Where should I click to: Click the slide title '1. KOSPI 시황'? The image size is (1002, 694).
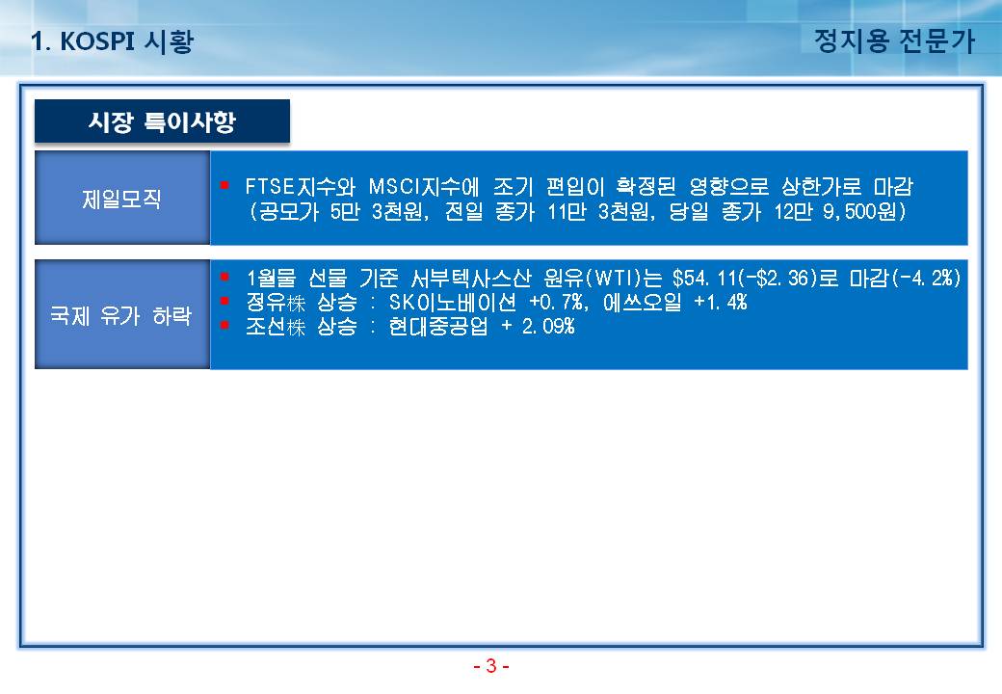tap(112, 41)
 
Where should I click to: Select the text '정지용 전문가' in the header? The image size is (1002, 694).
tap(894, 40)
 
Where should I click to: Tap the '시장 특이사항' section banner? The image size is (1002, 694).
tap(162, 121)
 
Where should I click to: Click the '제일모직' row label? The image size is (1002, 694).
tap(121, 199)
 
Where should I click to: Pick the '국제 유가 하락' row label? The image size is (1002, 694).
tap(121, 315)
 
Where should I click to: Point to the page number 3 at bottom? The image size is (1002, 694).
tap(490, 666)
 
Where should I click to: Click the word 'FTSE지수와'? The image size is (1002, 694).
tap(301, 187)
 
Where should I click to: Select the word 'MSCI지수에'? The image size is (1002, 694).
tap(424, 187)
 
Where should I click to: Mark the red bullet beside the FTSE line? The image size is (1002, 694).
tap(224, 185)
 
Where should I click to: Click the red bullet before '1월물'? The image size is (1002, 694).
tap(224, 277)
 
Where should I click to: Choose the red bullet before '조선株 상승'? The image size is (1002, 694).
tap(224, 325)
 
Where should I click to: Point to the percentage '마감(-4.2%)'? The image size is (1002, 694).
tap(905, 278)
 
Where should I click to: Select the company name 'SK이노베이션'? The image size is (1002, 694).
tap(453, 303)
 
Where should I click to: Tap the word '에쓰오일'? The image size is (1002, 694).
tap(643, 303)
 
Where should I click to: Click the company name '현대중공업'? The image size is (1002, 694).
tap(438, 327)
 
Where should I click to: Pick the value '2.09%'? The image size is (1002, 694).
tap(548, 327)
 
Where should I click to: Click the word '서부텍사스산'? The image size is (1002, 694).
tap(471, 278)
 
